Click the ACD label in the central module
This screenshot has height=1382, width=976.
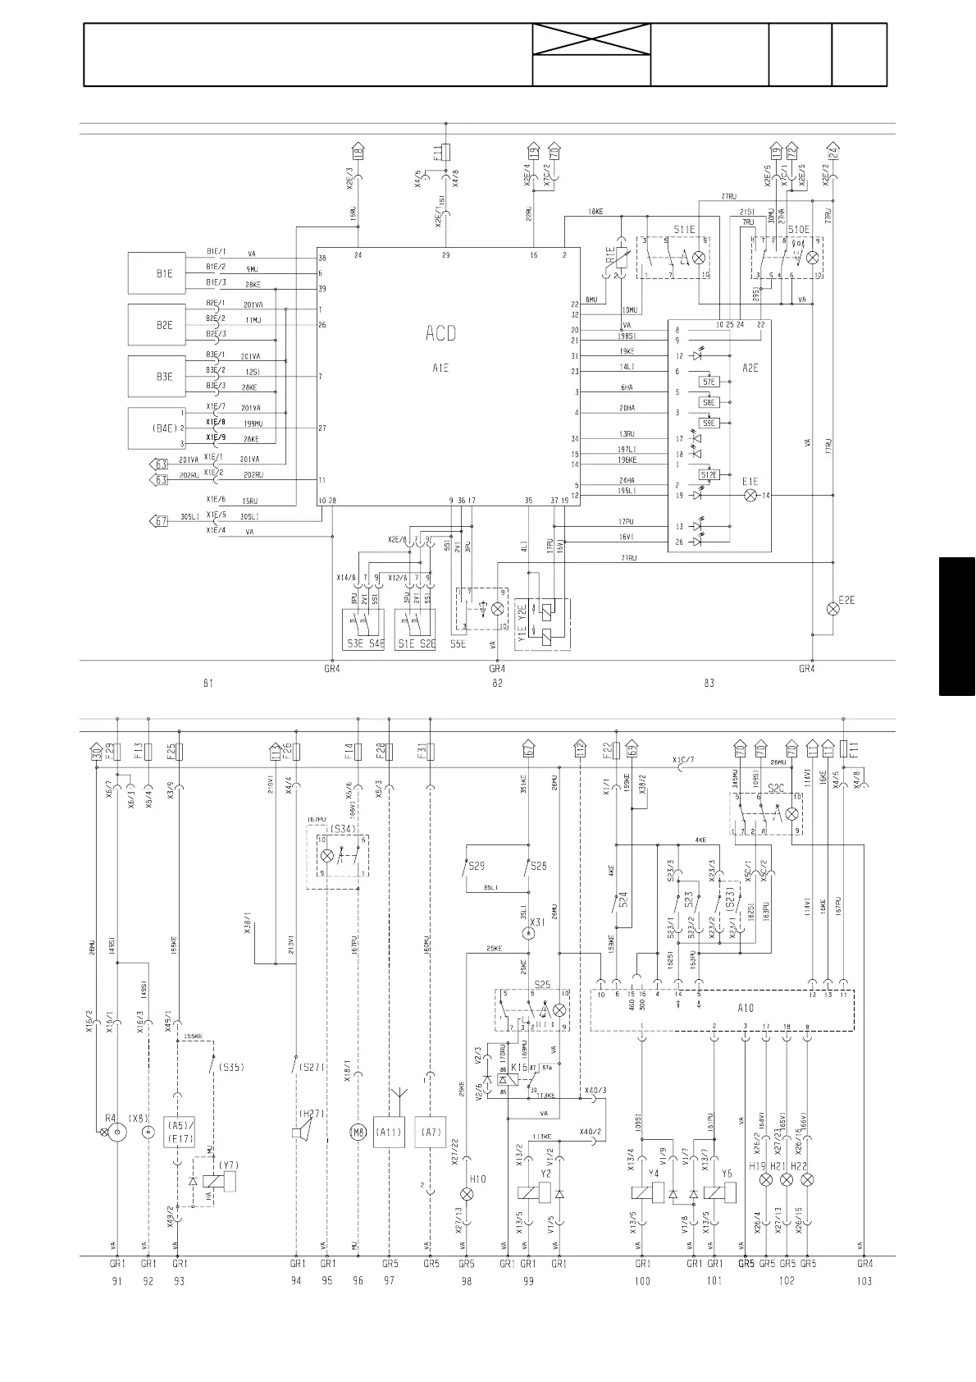click(440, 333)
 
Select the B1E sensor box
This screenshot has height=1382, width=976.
click(164, 273)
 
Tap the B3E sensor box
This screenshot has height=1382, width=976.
click(164, 377)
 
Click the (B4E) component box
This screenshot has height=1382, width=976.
click(164, 428)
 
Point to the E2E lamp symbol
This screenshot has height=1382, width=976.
click(833, 608)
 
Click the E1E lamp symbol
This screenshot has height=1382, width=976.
click(750, 496)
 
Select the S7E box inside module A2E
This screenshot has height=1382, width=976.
click(709, 382)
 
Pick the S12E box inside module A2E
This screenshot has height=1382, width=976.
click(709, 474)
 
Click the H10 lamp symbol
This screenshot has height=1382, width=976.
click(467, 1193)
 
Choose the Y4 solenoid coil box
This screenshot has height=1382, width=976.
click(642, 1194)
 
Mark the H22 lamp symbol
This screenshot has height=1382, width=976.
click(808, 1179)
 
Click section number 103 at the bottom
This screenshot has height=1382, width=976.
click(864, 1282)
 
